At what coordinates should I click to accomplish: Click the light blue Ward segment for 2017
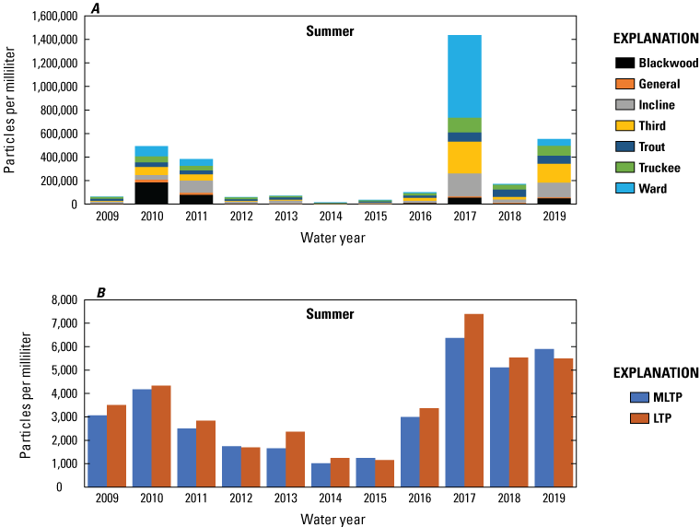point(464,76)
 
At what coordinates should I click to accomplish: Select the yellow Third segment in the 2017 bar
point(464,157)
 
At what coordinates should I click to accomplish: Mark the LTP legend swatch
point(640,418)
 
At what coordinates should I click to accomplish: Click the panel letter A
point(96,7)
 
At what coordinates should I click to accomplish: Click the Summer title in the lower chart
point(330,314)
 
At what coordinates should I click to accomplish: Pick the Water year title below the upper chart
point(330,240)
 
